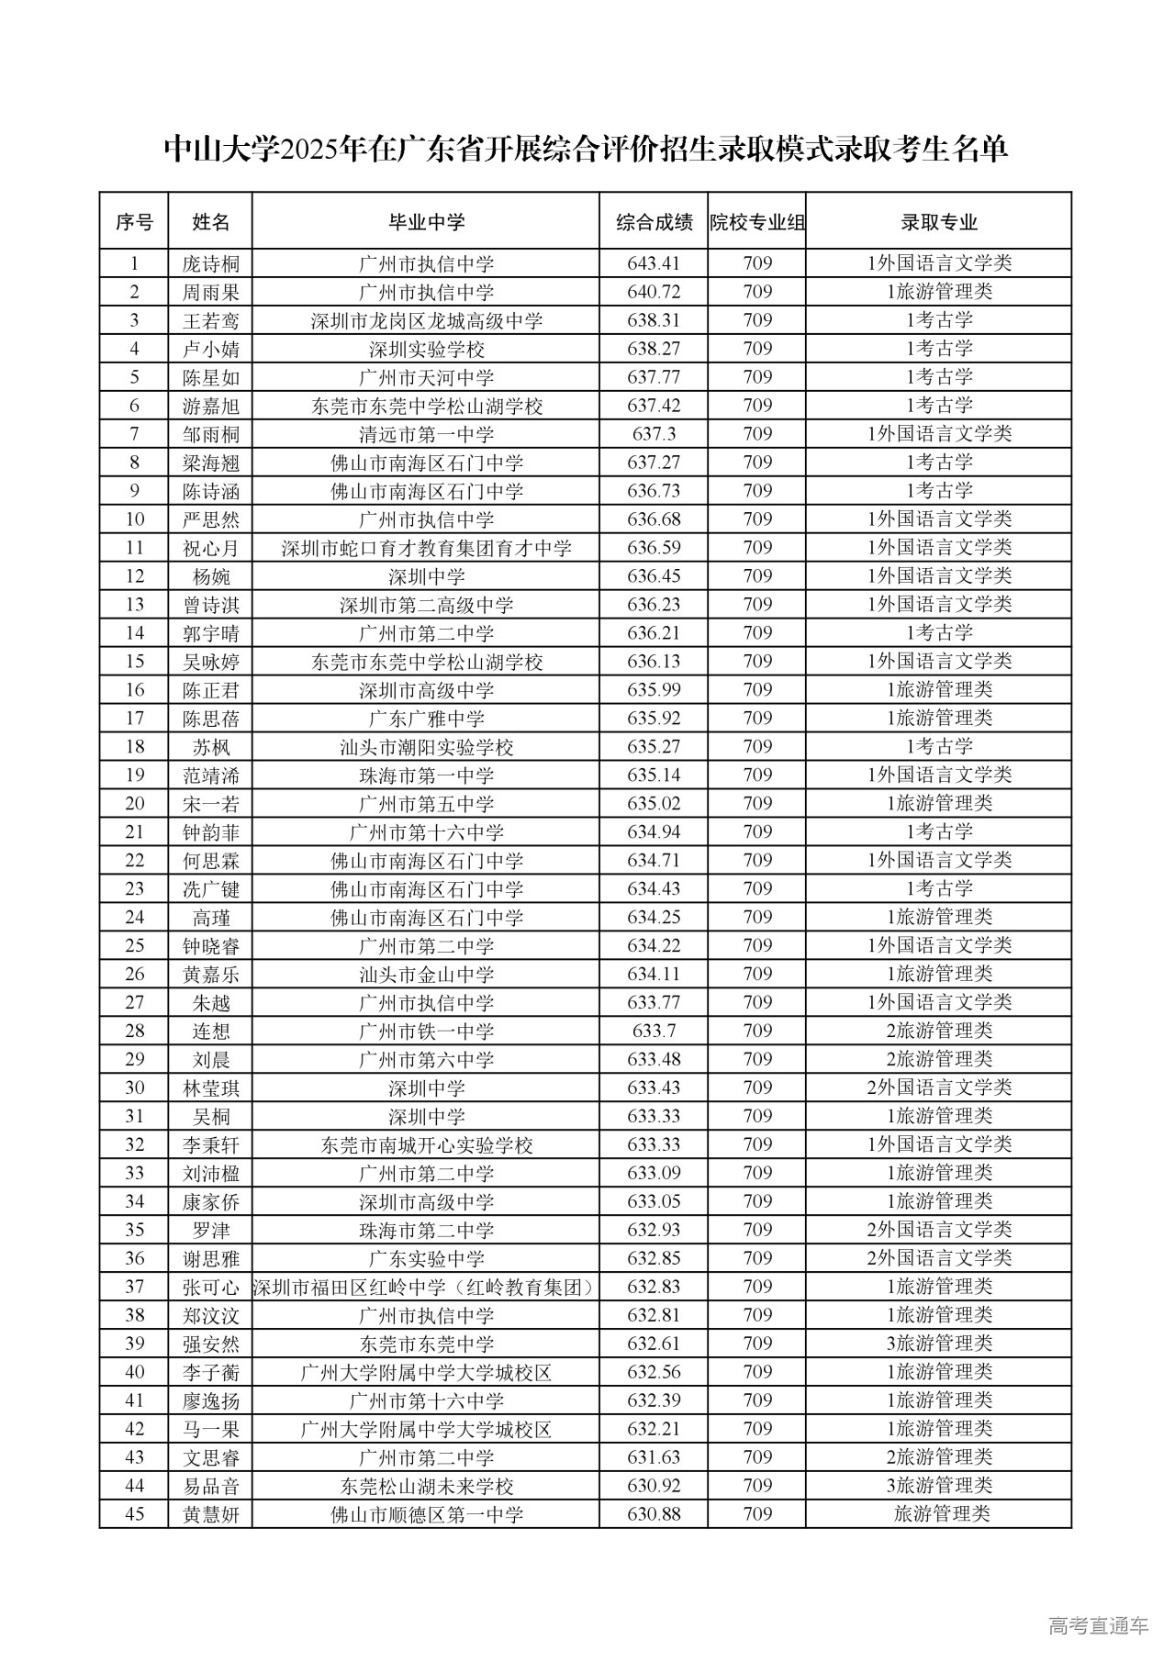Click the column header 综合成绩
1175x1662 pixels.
tap(654, 221)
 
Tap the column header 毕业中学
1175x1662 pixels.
tap(426, 221)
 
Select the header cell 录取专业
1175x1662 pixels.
tap(938, 221)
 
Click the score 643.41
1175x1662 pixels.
tap(654, 263)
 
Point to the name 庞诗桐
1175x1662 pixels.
tap(210, 264)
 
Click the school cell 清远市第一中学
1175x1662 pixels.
tap(426, 434)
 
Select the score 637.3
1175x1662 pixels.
tap(654, 434)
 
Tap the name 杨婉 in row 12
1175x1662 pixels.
tap(210, 576)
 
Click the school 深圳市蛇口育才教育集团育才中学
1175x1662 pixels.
tap(426, 548)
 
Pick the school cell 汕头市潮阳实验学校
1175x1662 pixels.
tap(426, 747)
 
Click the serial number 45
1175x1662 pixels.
tap(134, 1513)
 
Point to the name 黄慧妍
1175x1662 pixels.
tap(210, 1514)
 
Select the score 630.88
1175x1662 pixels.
tap(654, 1513)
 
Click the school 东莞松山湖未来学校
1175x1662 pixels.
tap(426, 1486)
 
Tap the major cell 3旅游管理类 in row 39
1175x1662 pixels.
tap(938, 1344)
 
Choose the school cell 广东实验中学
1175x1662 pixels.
tap(426, 1258)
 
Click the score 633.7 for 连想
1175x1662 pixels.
tap(654, 1031)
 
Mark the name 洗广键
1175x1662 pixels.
tap(210, 889)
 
